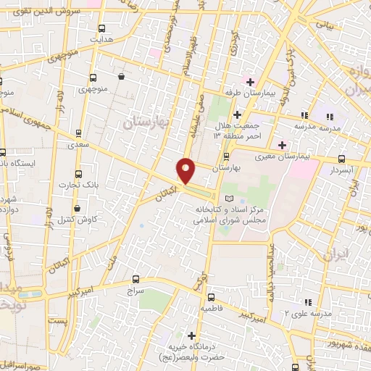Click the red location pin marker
pyautogui.click(x=186, y=171)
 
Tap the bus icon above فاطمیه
pyautogui.click(x=210, y=297)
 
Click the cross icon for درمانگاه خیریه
pyautogui.click(x=191, y=335)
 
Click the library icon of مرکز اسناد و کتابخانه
pyautogui.click(x=230, y=199)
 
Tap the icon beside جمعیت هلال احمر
pyautogui.click(x=237, y=114)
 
